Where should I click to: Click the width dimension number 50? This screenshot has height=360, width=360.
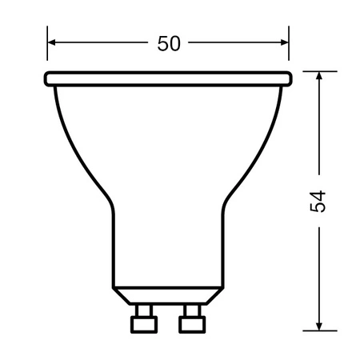(x=168, y=44)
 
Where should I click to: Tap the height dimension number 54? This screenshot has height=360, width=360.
(x=319, y=202)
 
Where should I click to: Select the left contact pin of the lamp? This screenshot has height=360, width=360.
(x=144, y=319)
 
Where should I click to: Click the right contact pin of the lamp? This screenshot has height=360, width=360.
(x=191, y=319)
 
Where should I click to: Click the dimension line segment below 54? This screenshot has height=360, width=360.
(x=319, y=272)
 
